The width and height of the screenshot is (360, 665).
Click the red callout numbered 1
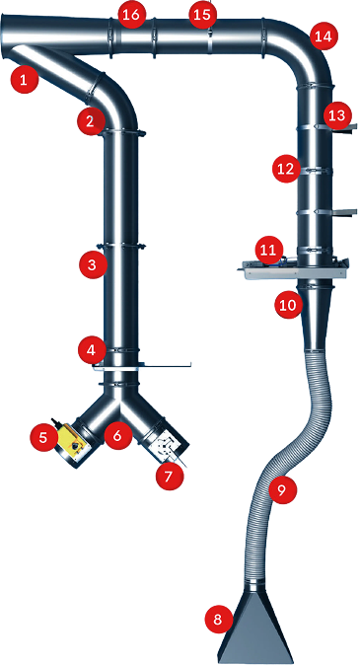pyautogui.click(x=25, y=79)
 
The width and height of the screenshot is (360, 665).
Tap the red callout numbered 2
pyautogui.click(x=91, y=121)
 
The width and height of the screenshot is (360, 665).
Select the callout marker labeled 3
pyautogui.click(x=93, y=265)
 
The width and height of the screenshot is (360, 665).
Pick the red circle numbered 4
pyautogui.click(x=92, y=350)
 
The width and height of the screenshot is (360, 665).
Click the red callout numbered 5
pyautogui.click(x=44, y=437)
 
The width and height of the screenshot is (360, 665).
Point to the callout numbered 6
pyautogui.click(x=118, y=435)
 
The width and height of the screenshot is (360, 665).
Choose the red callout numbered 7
pyautogui.click(x=170, y=477)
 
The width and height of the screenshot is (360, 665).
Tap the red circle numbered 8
pyautogui.click(x=219, y=620)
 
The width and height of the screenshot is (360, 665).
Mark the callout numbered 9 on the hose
pyautogui.click(x=282, y=489)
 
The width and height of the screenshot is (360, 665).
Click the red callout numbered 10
pyautogui.click(x=289, y=304)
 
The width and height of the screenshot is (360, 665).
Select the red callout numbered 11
pyautogui.click(x=268, y=250)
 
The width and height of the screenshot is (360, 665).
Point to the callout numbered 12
pyautogui.click(x=286, y=169)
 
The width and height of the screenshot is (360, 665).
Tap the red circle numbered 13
pyautogui.click(x=337, y=115)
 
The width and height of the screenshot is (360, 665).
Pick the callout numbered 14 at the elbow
pyautogui.click(x=324, y=37)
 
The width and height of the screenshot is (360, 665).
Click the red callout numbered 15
pyautogui.click(x=202, y=15)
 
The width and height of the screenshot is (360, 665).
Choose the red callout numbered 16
pyautogui.click(x=131, y=15)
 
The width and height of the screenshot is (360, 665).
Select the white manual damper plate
pyautogui.click(x=166, y=446)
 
